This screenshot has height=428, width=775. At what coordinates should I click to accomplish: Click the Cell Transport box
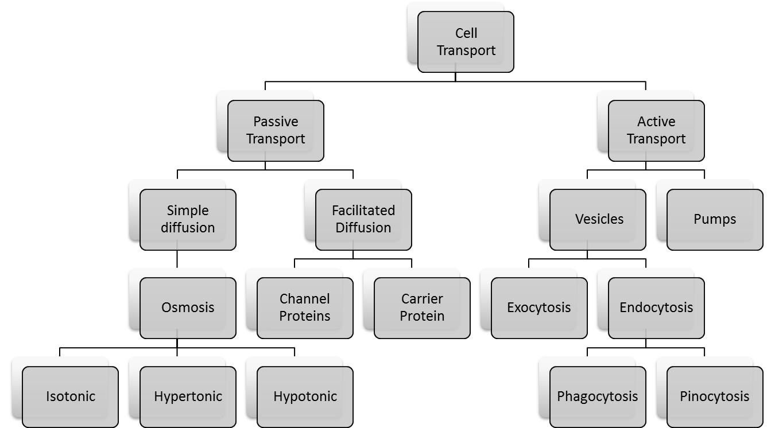click(x=466, y=42)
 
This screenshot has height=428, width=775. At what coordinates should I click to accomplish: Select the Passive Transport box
click(x=276, y=130)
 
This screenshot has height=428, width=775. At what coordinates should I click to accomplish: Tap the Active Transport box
click(x=656, y=130)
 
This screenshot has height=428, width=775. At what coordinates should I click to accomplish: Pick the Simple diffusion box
click(x=188, y=219)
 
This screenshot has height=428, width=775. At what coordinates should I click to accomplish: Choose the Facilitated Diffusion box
click(x=363, y=219)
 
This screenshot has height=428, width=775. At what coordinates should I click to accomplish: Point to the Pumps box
click(x=715, y=219)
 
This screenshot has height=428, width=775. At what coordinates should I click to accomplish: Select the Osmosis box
click(x=188, y=308)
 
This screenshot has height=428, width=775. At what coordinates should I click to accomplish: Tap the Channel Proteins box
click(x=305, y=308)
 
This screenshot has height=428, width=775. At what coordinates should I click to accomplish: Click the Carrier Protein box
click(x=422, y=308)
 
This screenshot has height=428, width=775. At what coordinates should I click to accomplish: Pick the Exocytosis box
click(x=539, y=308)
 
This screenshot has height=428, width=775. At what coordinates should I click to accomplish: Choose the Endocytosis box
click(x=656, y=308)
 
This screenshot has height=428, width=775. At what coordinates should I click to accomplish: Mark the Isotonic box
click(x=71, y=396)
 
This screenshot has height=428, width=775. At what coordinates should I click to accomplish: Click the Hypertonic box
click(x=188, y=396)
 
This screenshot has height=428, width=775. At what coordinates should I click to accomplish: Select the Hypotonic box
click(x=305, y=396)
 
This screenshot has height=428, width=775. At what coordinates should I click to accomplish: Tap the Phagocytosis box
click(x=598, y=396)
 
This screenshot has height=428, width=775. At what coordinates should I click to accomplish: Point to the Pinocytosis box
click(x=715, y=396)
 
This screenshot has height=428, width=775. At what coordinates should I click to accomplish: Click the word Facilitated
click(x=363, y=211)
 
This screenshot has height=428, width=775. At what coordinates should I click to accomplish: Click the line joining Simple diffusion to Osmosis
click(x=177, y=259)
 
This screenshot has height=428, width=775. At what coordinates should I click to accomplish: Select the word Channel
click(x=305, y=299)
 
